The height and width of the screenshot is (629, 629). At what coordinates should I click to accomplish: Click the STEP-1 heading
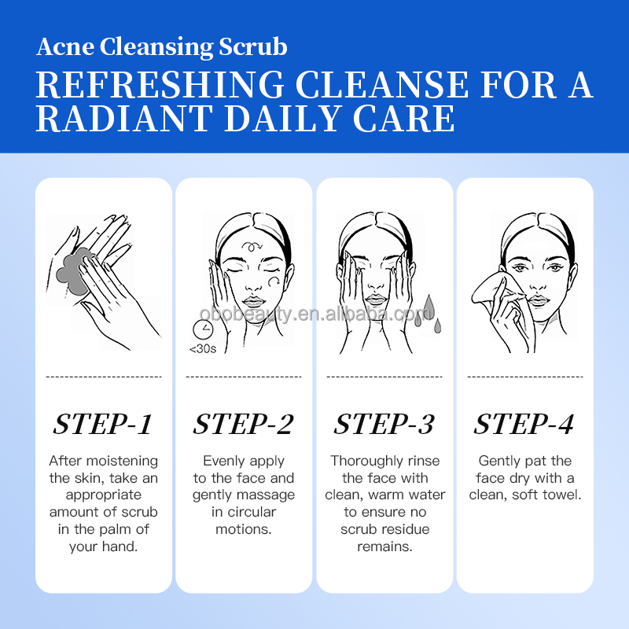(103, 424)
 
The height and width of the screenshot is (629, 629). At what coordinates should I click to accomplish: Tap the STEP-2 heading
(244, 424)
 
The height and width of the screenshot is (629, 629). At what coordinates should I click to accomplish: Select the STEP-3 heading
(384, 424)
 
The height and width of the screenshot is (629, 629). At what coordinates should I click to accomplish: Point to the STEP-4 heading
(524, 424)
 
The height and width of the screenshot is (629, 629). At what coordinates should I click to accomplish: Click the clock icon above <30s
(203, 329)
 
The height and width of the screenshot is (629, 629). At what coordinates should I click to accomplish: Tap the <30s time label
(203, 349)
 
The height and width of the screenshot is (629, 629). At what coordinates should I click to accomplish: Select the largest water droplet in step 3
(429, 307)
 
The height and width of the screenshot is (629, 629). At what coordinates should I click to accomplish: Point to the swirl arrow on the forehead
(252, 245)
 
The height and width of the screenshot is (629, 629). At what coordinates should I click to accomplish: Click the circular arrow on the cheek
(274, 281)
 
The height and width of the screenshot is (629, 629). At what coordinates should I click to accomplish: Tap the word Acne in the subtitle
(65, 47)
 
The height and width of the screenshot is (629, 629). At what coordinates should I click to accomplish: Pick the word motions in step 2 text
(244, 529)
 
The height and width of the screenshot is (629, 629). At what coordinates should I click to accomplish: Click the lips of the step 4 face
(539, 300)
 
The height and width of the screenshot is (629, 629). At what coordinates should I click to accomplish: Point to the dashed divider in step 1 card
(104, 377)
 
